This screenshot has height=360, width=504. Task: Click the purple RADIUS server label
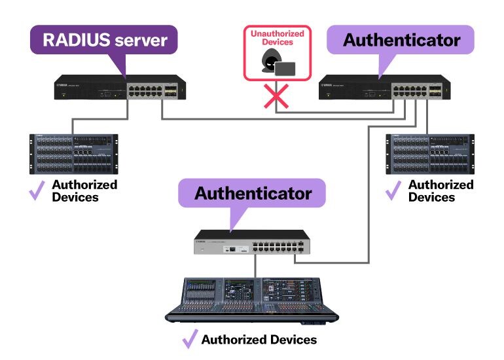[104, 40]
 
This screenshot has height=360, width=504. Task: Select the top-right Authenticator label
[401, 40]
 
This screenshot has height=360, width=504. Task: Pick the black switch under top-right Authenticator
[385, 87]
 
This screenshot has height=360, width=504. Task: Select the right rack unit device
[429, 154]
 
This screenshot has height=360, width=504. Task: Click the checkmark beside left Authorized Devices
[37, 190]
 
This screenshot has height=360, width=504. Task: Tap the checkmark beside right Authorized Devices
[393, 190]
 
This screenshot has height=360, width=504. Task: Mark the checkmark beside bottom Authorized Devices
[190, 339]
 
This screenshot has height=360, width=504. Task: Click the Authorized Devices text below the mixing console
[259, 340]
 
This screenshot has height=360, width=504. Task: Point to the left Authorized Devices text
[84, 190]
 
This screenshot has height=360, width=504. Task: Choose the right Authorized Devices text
[441, 190]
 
